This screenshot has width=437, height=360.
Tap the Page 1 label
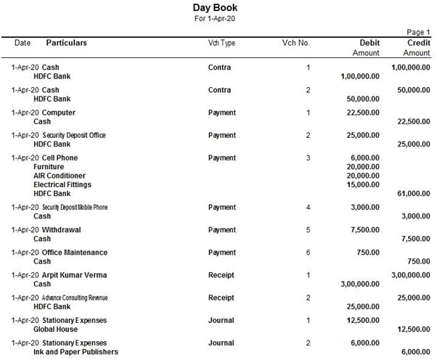click(x=419, y=33)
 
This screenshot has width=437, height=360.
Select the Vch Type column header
click(x=222, y=43)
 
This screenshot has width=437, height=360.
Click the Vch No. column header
click(x=296, y=43)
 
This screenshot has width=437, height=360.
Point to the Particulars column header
click(x=67, y=43)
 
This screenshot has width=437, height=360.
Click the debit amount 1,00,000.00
click(x=360, y=76)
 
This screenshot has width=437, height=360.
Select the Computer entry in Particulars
click(x=59, y=112)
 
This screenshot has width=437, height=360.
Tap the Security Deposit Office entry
click(x=74, y=135)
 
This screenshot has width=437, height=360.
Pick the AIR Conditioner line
click(x=60, y=176)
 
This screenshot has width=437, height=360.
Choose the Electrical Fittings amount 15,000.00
click(x=363, y=184)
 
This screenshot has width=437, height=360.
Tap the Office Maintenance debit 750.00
click(x=369, y=252)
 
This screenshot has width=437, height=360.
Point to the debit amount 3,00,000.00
click(x=360, y=285)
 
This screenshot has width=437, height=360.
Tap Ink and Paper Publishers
click(x=75, y=352)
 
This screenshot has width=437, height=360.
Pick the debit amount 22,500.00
click(x=363, y=112)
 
